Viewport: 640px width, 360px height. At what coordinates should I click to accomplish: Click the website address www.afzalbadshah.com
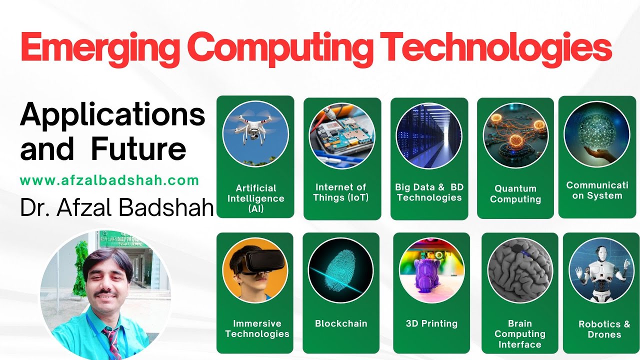pyautogui.click(x=109, y=180)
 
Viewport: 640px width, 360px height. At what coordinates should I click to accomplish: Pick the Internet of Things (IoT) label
pyautogui.click(x=341, y=192)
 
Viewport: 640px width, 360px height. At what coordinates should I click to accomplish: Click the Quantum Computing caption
pyautogui.click(x=515, y=194)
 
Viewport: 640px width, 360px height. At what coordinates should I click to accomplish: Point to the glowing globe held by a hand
pyautogui.click(x=596, y=131)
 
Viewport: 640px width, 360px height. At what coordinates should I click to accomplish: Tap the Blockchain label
pyautogui.click(x=341, y=323)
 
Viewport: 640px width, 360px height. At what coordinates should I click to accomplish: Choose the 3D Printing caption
pyautogui.click(x=431, y=323)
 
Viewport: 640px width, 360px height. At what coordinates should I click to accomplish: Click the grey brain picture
pyautogui.click(x=520, y=270)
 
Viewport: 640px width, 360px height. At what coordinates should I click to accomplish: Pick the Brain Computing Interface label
pyautogui.click(x=520, y=334)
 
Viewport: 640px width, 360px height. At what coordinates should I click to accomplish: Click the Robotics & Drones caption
pyautogui.click(x=604, y=329)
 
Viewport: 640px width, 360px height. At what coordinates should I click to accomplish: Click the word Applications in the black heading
pyautogui.click(x=113, y=115)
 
